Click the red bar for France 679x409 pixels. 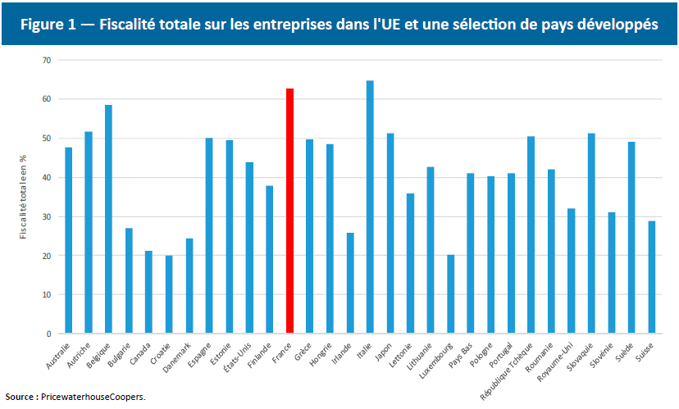289,211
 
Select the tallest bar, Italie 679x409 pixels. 370,207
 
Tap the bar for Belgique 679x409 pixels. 108,219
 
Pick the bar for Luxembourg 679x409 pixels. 450,294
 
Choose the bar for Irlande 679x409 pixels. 350,283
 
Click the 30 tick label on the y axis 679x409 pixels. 46,216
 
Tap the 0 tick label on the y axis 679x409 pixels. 48,334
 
